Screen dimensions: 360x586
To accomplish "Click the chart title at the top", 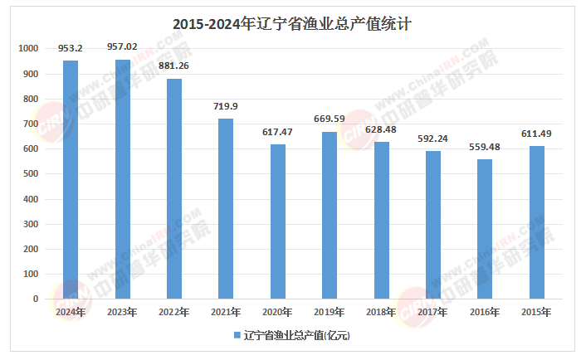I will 292,24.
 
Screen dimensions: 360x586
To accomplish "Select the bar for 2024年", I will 71,179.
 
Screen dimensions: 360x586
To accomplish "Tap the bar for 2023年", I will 122,179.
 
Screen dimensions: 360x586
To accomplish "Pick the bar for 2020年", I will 277,221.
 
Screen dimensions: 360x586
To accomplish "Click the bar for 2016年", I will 485,228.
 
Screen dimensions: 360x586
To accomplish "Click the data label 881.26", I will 174,66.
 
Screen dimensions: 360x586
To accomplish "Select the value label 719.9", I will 226,106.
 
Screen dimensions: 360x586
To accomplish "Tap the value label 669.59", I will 330,119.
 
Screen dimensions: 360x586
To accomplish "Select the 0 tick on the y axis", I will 36,299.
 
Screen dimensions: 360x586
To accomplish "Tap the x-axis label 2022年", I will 174,312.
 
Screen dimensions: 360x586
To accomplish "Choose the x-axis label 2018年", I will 382,312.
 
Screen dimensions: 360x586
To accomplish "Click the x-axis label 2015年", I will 537,312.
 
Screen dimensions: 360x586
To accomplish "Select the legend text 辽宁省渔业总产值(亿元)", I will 297,336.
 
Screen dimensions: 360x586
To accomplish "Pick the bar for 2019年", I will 330,215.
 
